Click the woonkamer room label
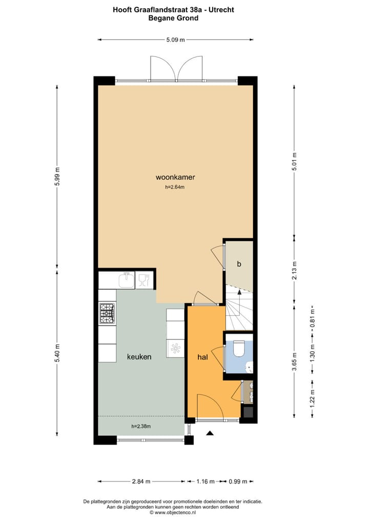coord(175,177)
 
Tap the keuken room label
coord(139,357)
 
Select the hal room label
coord(202,357)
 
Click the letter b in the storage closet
coord(239,264)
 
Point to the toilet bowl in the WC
coord(239,349)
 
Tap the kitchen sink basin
coord(126,280)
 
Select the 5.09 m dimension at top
coord(175,39)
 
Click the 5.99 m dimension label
coord(57,177)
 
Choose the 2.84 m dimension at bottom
coord(141,481)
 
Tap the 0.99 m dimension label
coord(238,481)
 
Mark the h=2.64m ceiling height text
coord(175,188)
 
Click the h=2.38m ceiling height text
coord(141,426)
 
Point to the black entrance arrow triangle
coord(209,434)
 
